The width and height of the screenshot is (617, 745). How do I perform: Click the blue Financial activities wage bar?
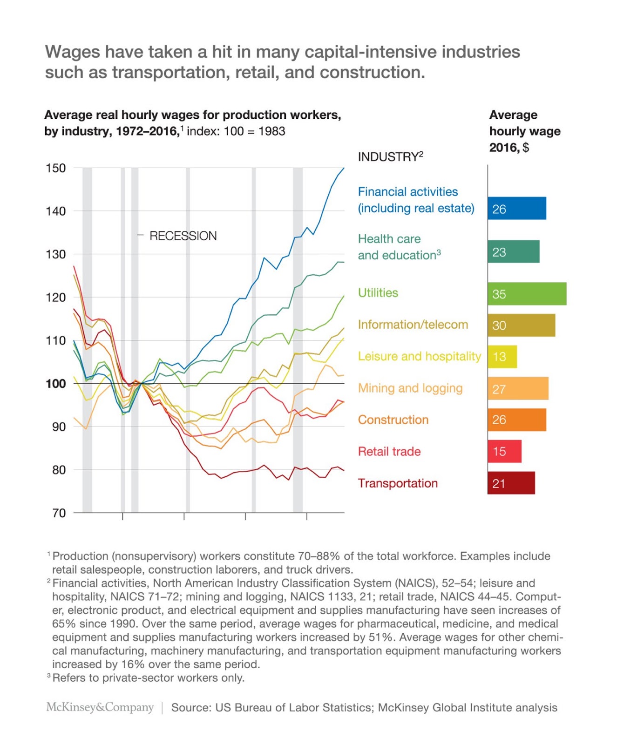click(516, 208)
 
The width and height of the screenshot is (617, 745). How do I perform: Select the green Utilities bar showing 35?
click(527, 294)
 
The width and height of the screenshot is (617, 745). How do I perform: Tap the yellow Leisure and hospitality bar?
click(502, 357)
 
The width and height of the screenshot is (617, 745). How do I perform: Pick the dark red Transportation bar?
click(511, 483)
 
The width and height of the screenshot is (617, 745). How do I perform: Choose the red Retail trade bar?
click(504, 451)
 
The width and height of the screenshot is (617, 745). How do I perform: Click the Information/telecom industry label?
click(413, 325)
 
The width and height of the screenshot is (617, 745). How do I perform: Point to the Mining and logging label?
click(410, 388)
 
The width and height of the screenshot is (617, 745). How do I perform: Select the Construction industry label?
click(393, 420)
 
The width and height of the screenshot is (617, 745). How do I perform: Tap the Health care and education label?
click(399, 247)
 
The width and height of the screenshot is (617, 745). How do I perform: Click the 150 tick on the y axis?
click(55, 168)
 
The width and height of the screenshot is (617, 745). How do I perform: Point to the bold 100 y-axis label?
click(55, 384)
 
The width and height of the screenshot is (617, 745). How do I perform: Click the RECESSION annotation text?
click(183, 236)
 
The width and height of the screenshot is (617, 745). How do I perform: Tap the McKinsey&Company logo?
click(100, 707)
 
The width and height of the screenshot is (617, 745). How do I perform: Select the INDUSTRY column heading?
click(390, 157)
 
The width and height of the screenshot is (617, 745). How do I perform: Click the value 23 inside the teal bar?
click(499, 252)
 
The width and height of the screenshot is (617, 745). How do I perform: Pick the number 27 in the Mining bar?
click(499, 389)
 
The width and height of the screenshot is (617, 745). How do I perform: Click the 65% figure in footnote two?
click(63, 623)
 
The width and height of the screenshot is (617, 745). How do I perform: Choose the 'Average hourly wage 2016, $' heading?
click(524, 131)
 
